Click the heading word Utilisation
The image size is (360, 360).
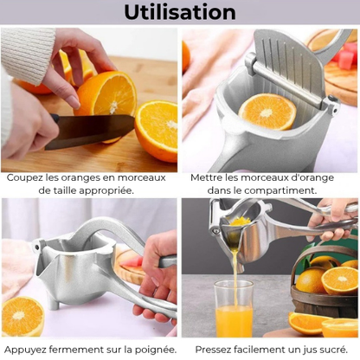click(180, 12)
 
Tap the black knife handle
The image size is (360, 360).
click(55, 118)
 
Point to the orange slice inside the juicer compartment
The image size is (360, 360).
click(267, 112)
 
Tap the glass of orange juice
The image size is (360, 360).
click(234, 309)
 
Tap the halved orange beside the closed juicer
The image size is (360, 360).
click(22, 316)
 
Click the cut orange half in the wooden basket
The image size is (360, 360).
click(340, 280)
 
